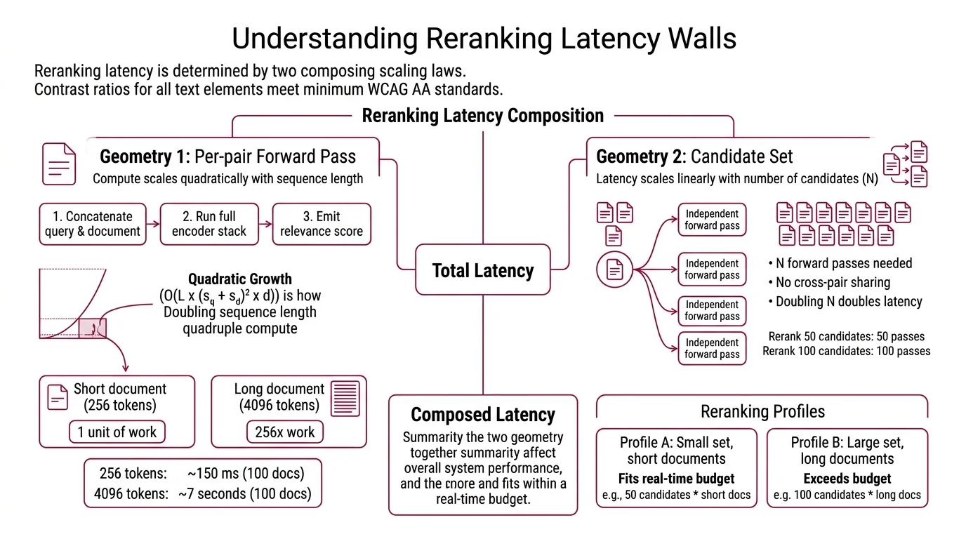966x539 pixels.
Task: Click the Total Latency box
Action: click(483, 270)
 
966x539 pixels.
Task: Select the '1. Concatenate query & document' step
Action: click(93, 224)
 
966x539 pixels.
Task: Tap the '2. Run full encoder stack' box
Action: click(209, 224)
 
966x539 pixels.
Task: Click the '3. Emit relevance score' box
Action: click(322, 224)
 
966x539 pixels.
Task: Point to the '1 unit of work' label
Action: click(117, 432)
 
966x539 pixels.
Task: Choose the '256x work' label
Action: click(285, 432)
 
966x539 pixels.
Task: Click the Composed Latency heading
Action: click(482, 415)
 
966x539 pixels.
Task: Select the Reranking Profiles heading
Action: click(762, 411)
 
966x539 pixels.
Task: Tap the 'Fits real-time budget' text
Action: click(676, 479)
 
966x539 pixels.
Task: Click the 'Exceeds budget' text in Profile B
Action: click(847, 479)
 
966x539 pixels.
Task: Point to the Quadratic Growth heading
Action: click(240, 279)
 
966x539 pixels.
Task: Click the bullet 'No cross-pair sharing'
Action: click(833, 283)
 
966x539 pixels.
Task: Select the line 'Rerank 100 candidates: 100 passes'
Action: click(846, 351)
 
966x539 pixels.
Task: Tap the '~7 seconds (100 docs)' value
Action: click(244, 493)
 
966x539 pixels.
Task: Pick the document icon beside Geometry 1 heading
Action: click(60, 164)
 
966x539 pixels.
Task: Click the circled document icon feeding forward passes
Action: click(614, 269)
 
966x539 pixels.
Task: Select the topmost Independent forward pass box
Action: click(712, 220)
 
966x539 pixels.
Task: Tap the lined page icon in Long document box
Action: click(344, 398)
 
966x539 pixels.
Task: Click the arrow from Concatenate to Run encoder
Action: click(153, 224)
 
